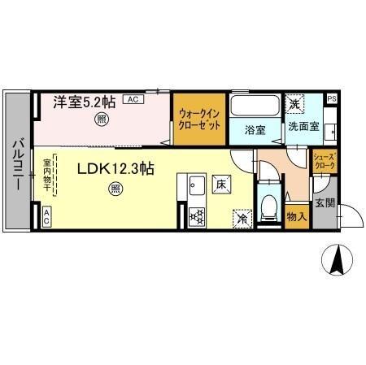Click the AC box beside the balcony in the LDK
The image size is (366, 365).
coord(46,216)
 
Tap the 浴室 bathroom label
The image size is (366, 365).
coord(255,128)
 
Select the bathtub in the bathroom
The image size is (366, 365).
coord(254,106)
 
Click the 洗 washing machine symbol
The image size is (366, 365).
coord(293,104)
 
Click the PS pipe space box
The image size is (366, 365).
coord(331,99)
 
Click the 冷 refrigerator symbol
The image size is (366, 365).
coord(242,218)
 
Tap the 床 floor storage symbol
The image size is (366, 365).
coord(220,185)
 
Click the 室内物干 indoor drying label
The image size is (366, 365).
coord(46,175)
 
